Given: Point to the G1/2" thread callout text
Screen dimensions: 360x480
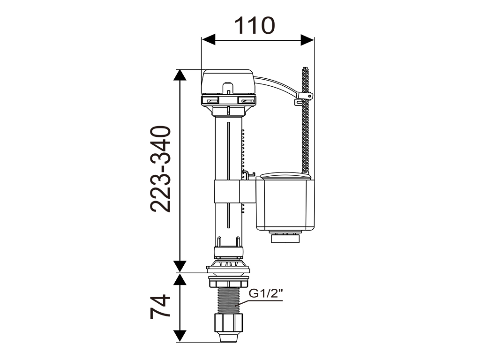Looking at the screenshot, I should [265, 294].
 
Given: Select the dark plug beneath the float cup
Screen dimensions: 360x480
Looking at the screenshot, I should [285, 238].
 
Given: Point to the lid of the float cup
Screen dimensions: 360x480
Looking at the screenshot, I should [285, 176].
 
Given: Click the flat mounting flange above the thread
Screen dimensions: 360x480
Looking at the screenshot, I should [227, 269].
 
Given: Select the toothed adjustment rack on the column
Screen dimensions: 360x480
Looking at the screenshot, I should [243, 150].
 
